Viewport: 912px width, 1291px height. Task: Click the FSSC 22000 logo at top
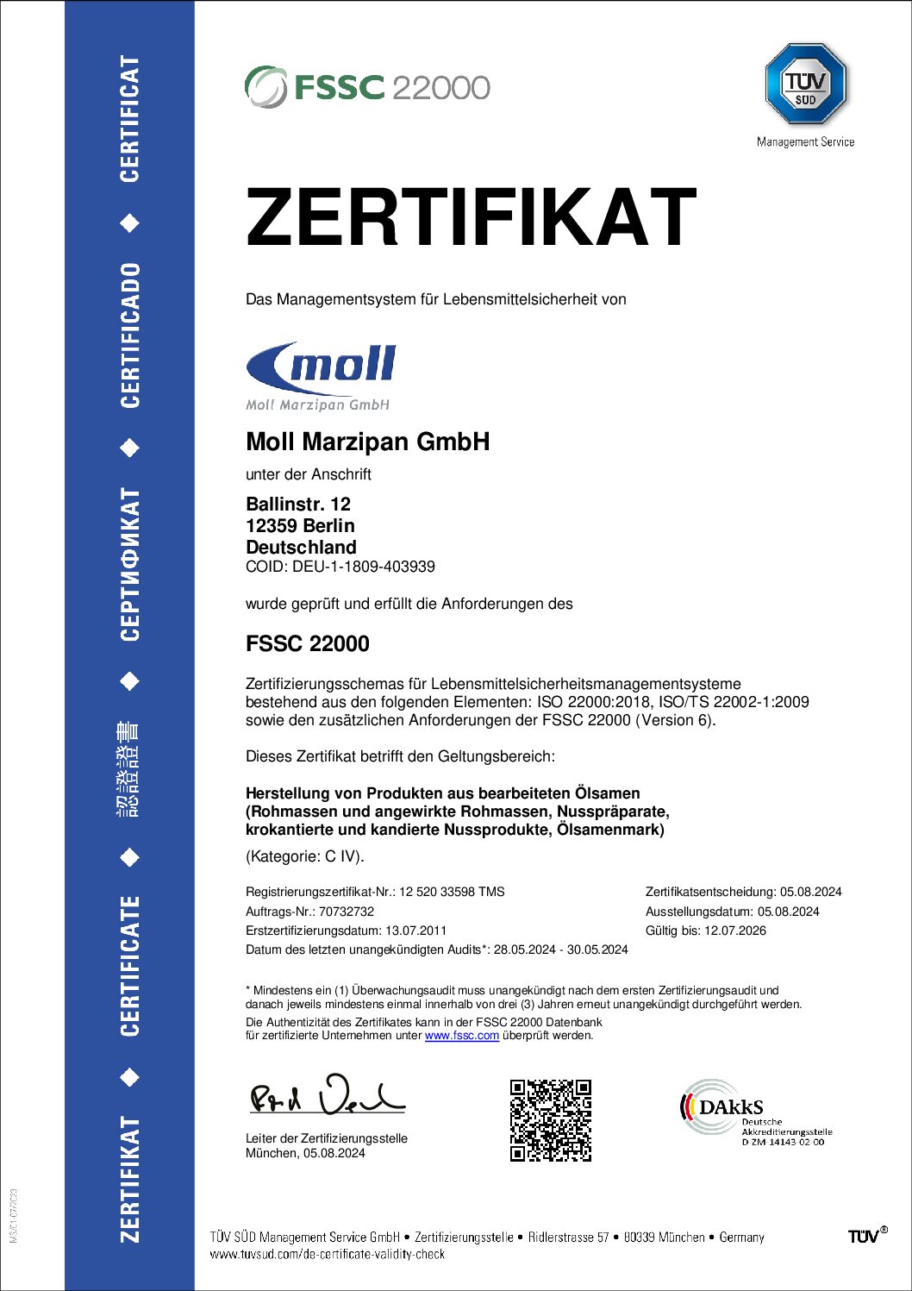coord(367,87)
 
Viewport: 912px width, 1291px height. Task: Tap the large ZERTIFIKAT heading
coord(471,217)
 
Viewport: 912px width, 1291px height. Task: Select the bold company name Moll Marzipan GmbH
coord(367,442)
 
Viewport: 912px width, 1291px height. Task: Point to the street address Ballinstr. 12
coord(298,504)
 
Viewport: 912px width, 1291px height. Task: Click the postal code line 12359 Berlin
coord(300,526)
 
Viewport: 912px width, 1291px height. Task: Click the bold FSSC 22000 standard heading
coord(308,644)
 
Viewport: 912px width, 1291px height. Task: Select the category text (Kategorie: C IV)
coord(305,856)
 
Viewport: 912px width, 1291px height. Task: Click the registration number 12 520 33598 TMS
coord(451,892)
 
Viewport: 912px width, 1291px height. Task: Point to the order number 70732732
coord(347,912)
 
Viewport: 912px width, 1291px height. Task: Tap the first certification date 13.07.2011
coord(415,931)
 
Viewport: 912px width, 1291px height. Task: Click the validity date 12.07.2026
coord(735,931)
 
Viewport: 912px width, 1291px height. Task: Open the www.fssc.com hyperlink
coord(461,1036)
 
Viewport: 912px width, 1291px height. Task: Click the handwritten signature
coord(327,1095)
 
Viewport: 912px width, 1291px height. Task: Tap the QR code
coord(551,1119)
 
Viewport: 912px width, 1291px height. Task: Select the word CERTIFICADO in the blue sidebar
coord(129,335)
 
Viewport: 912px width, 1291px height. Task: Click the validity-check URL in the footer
coord(328,1255)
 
